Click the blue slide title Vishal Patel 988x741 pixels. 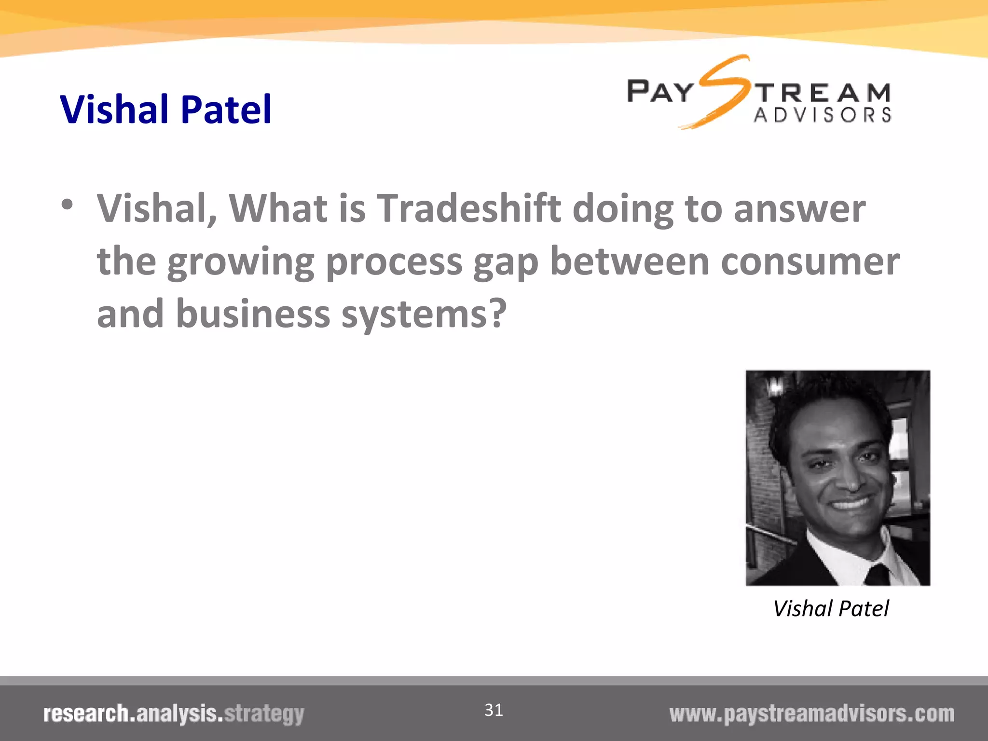click(165, 110)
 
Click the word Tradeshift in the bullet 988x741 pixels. click(468, 208)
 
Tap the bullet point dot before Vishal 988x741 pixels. click(67, 205)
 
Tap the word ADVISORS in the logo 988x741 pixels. click(823, 115)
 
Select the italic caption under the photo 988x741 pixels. click(831, 608)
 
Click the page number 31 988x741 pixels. click(494, 710)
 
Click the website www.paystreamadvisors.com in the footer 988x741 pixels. click(811, 714)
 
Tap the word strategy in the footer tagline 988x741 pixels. click(264, 714)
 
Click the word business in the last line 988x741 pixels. click(253, 314)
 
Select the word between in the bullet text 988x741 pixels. click(630, 261)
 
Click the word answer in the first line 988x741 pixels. click(799, 209)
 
